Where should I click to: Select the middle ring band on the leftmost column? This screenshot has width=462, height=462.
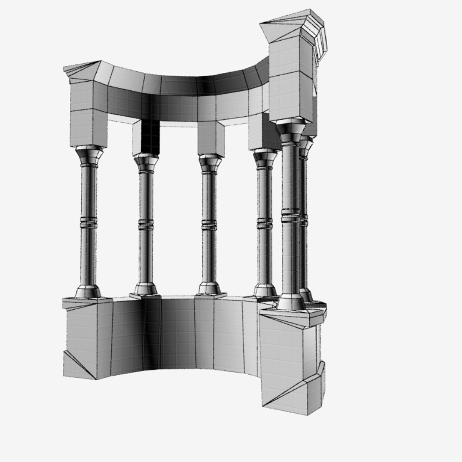(x=89, y=222)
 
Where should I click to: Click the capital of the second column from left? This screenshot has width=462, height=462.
(x=146, y=163)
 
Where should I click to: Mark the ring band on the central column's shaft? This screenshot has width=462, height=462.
(x=209, y=225)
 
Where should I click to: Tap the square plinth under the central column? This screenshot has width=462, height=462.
(x=210, y=295)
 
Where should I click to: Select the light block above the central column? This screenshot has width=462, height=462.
(x=211, y=138)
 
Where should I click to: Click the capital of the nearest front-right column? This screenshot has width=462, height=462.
(x=290, y=132)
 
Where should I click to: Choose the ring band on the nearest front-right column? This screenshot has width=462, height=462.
(x=290, y=215)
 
